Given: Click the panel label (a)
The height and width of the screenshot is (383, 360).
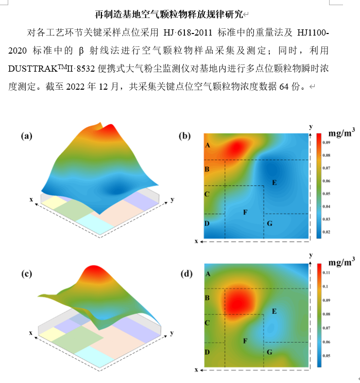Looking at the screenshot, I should tap(27, 136).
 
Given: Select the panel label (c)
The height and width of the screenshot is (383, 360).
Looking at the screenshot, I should tap(27, 274).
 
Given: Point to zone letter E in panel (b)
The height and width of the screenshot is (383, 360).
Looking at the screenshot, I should tap(274, 182).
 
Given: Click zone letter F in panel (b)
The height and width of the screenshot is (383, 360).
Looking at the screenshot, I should tap(245, 212).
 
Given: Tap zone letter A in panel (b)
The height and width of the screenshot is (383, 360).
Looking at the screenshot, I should tap(208, 146).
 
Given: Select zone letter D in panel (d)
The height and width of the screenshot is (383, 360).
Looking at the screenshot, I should tap(208, 352).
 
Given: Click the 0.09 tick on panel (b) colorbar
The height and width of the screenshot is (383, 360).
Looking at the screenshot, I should tap(327, 141).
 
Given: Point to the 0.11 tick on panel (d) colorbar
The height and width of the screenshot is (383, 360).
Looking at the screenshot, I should tap(327, 272).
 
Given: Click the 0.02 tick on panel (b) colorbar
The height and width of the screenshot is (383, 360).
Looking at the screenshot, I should tap(327, 233).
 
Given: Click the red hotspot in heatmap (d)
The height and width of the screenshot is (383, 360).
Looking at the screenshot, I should tap(239, 299).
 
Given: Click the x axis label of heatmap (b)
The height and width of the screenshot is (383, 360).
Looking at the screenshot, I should tap(196, 241).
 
